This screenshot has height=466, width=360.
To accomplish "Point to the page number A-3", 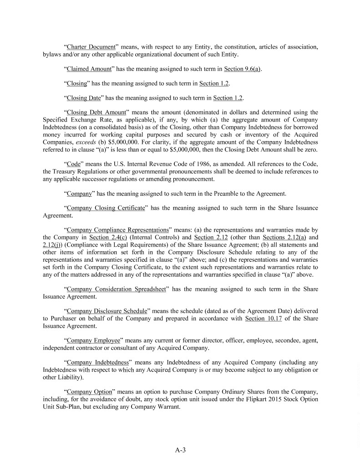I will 181,451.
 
